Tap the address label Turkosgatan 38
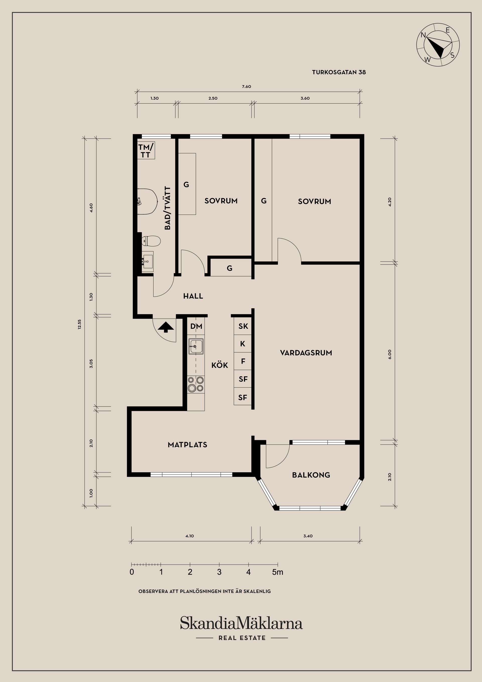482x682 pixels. click(339, 72)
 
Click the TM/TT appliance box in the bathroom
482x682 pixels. click(146, 150)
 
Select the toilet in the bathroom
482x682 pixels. click(151, 241)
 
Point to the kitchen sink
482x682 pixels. click(196, 346)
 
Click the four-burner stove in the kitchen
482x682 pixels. click(196, 384)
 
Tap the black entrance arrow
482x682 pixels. click(166, 327)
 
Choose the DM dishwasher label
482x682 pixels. click(196, 326)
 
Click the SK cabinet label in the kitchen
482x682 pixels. click(243, 326)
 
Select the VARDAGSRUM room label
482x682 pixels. click(306, 353)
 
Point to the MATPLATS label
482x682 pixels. click(187, 445)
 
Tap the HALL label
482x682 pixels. click(193, 296)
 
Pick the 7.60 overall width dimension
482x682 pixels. click(247, 87)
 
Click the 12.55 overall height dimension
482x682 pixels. click(79, 324)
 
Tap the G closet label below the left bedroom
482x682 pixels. click(229, 268)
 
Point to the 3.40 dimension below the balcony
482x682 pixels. click(308, 536)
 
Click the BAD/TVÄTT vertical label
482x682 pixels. click(168, 208)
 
